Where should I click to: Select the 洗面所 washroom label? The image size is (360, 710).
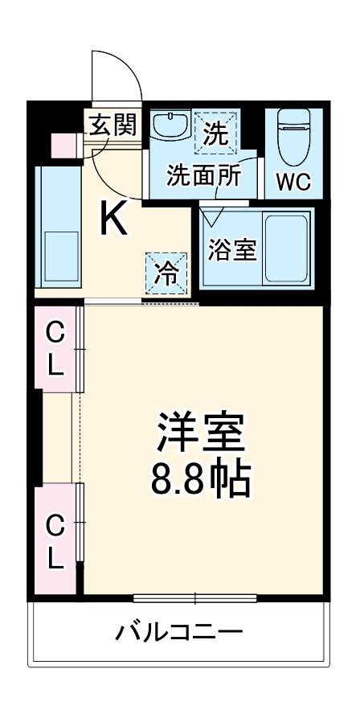tap(202, 176)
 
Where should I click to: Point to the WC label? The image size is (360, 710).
tap(293, 183)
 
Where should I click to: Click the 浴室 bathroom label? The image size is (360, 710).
tap(232, 249)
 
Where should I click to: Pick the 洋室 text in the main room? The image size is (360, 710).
tap(201, 434)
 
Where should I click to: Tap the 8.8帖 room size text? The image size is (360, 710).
tap(201, 480)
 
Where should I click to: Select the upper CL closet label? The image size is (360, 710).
tap(55, 348)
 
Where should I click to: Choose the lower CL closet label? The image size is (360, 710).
tap(55, 540)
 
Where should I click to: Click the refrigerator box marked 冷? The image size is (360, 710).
tap(166, 273)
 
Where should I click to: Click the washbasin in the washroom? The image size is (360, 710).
tap(169, 126)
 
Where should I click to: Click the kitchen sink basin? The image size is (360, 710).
tap(59, 253)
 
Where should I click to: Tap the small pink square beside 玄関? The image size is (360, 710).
tap(63, 146)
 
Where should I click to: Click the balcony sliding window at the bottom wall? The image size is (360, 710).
tap(194, 597)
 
